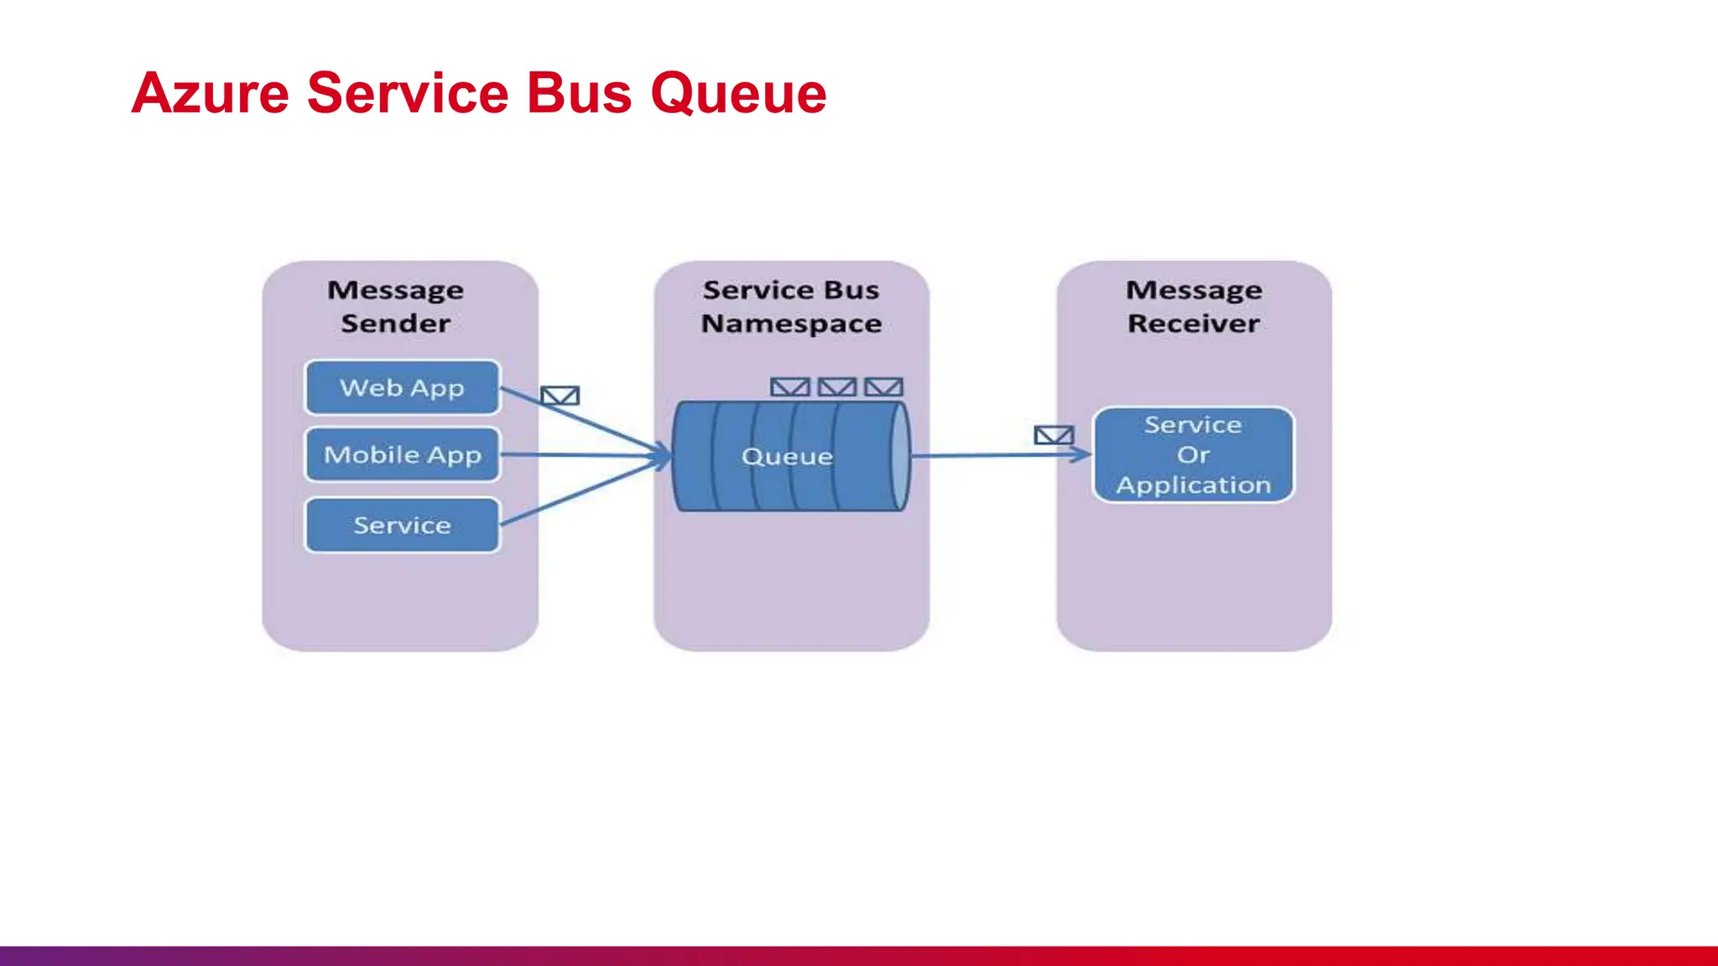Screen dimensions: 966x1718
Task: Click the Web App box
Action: coord(402,387)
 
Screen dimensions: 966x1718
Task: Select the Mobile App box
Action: coord(402,454)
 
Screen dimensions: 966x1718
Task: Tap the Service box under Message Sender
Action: coord(402,525)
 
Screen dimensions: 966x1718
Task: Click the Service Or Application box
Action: coord(1193,454)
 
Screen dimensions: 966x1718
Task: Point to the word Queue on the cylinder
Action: coord(787,456)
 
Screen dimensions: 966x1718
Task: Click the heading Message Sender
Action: coord(395,306)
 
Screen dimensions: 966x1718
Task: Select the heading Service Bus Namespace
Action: coord(791,306)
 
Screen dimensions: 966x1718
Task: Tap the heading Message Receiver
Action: coord(1193,306)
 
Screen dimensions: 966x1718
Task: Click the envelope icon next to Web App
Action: coord(560,395)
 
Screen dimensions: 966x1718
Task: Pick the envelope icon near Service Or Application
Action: coord(1054,435)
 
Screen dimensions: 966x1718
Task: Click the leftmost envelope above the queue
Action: coord(789,387)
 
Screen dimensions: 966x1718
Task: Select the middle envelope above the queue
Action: coord(837,387)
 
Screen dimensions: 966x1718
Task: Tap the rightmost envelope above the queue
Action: coord(883,387)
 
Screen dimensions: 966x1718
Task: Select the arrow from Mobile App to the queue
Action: coord(587,455)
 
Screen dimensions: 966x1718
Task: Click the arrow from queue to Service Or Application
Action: coord(990,455)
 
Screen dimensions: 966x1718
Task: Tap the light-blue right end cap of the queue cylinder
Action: coord(899,456)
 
